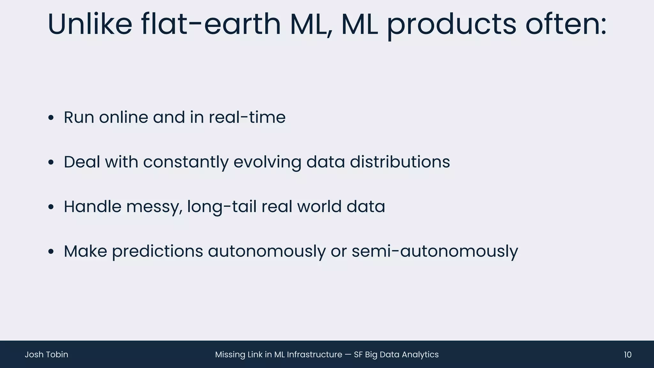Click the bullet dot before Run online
coord(51,118)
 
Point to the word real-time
coord(247,117)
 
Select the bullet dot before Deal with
coord(51,163)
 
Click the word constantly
coord(186,162)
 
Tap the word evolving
coord(267,162)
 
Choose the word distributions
coord(400,162)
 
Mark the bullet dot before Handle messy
coord(51,207)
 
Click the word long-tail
coord(222,207)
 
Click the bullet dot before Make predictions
coord(51,252)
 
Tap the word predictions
coord(157,251)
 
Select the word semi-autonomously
coord(435,251)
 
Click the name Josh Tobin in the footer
coord(46,355)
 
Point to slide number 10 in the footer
coord(627,355)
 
